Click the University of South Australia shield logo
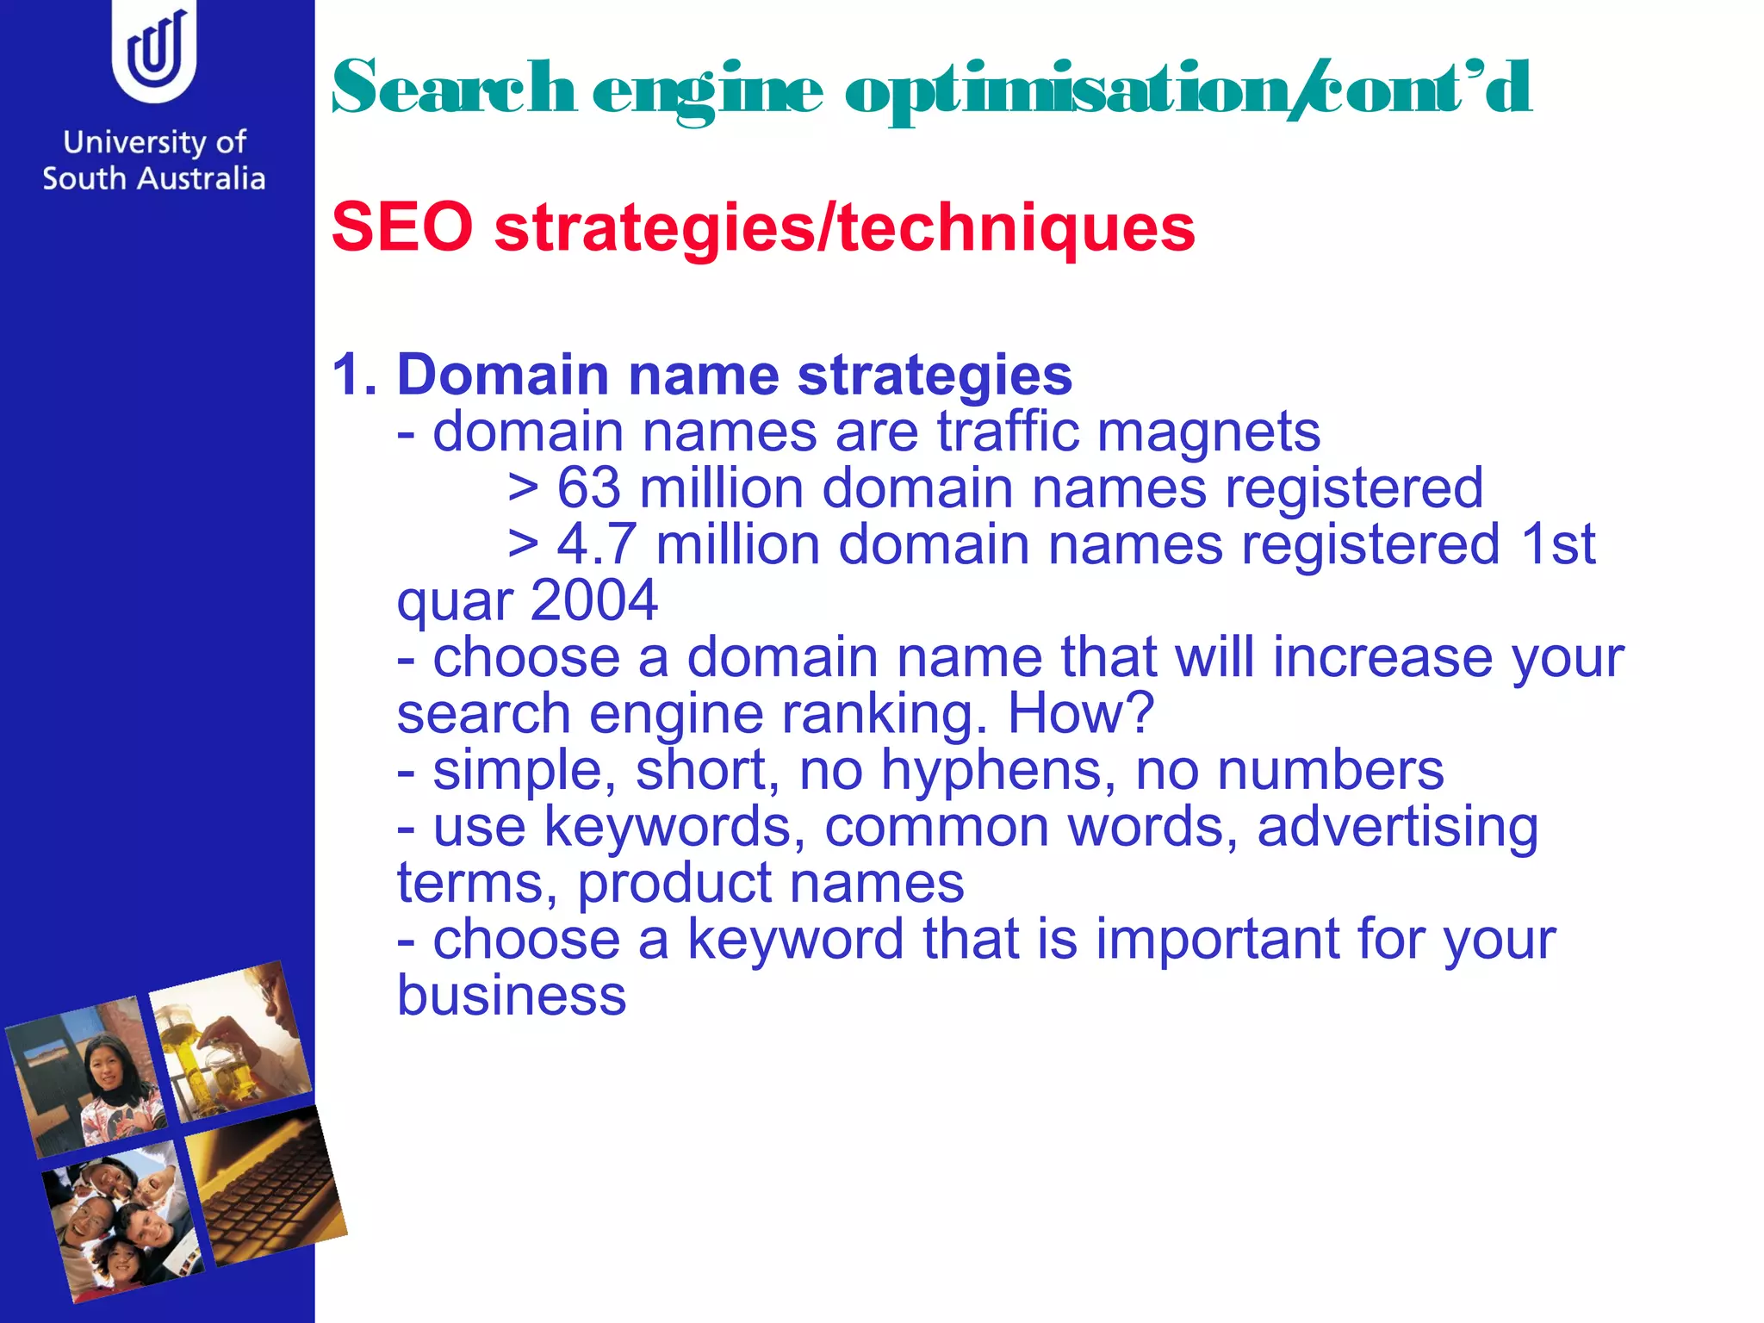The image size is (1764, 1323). tap(154, 52)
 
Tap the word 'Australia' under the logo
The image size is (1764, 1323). tap(201, 178)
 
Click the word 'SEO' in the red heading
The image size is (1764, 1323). tap(402, 227)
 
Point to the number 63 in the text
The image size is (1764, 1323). tap(588, 488)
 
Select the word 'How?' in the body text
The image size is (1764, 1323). tap(1080, 713)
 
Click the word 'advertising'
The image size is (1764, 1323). tap(1397, 826)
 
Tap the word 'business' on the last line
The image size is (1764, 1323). tap(512, 996)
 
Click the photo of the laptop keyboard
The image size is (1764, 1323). tap(265, 1187)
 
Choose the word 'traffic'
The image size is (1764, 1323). tap(1008, 432)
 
